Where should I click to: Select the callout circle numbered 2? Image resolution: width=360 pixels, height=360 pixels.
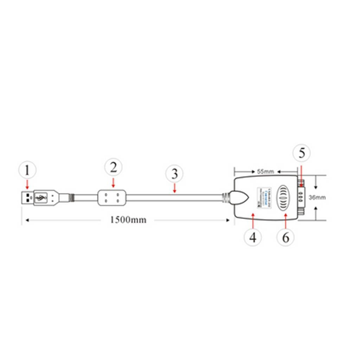click(x=113, y=167)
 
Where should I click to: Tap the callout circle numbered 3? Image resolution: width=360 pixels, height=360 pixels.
click(x=175, y=174)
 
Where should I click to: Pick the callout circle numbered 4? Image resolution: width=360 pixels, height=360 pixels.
click(x=253, y=238)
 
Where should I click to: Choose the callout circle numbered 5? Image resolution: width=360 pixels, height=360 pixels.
click(x=302, y=153)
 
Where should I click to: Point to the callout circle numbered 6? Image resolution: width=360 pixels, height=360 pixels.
click(x=285, y=237)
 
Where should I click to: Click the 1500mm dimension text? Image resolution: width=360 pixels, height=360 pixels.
click(x=128, y=220)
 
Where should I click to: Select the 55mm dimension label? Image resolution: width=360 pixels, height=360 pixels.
click(x=265, y=172)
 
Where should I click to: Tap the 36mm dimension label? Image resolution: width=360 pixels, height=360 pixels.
click(x=317, y=197)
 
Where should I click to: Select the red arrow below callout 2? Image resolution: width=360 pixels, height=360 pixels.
click(x=113, y=182)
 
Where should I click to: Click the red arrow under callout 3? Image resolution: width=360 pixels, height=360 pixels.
click(x=175, y=188)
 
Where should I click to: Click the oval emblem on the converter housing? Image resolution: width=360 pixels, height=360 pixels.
click(x=285, y=197)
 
